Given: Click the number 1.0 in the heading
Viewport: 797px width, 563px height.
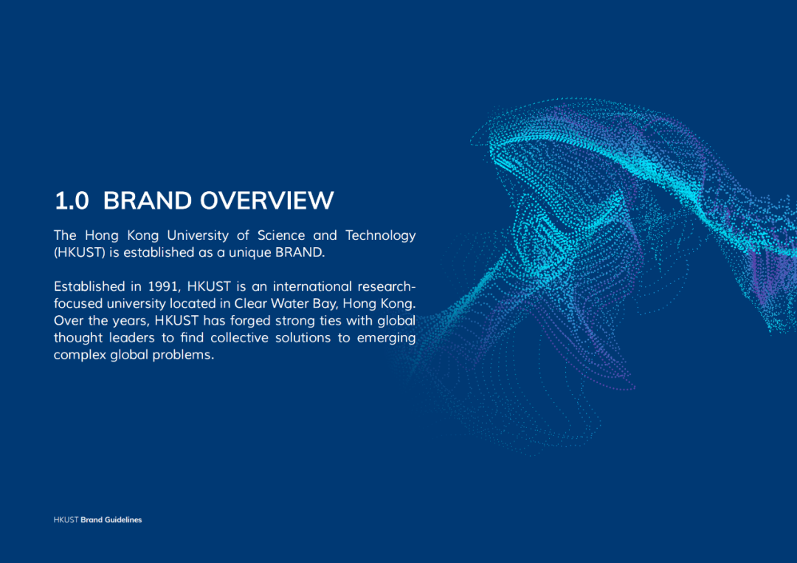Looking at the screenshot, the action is point(72,201).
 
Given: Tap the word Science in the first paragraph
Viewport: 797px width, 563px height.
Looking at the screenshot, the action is point(281,235).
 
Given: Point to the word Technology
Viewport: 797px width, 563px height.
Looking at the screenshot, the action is point(381,236).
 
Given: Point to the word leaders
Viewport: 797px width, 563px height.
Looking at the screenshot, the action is point(131,338).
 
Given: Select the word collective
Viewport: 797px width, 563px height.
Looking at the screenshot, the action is point(239,338).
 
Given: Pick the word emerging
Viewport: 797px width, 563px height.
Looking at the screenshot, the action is point(386,339).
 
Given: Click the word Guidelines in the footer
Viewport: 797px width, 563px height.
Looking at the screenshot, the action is point(123,519).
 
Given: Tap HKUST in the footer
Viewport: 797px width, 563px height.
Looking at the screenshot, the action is point(66,519).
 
